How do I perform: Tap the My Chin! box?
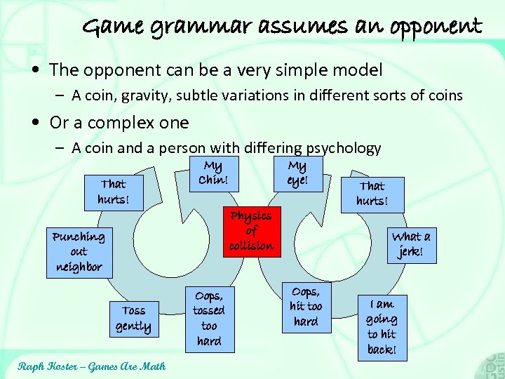pyautogui.click(x=212, y=172)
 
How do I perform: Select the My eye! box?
pyautogui.click(x=297, y=173)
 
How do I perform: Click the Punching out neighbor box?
pyautogui.click(x=79, y=252)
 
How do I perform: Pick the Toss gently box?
pyautogui.click(x=133, y=318)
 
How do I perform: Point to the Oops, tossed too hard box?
pyautogui.click(x=209, y=319)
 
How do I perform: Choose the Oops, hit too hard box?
pyautogui.click(x=305, y=307)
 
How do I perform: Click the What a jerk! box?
pyautogui.click(x=411, y=244)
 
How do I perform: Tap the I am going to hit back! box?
pyautogui.click(x=381, y=326)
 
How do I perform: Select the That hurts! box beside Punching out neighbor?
pyautogui.click(x=113, y=192)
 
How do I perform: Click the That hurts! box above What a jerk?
pyautogui.click(x=372, y=194)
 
